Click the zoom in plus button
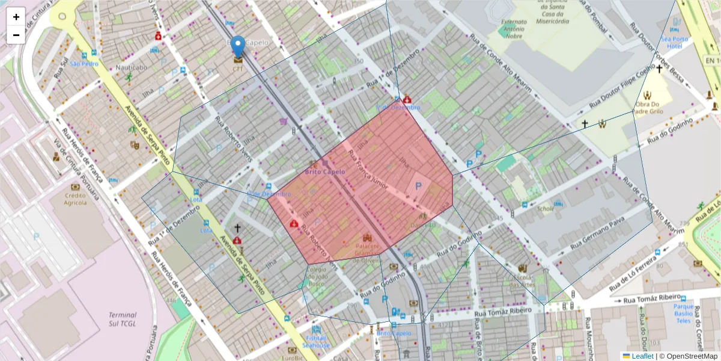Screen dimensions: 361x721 [16, 17]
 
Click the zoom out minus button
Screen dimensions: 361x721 [16, 35]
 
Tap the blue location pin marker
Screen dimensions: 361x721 [239, 46]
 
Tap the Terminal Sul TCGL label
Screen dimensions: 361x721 [123, 319]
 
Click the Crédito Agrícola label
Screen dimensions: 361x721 [76, 199]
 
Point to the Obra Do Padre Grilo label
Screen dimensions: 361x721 [648, 107]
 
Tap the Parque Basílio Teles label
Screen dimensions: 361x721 [684, 313]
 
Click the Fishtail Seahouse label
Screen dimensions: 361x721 [316, 342]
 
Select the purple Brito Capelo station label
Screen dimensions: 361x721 [325, 171]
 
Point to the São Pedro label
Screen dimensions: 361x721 [84, 63]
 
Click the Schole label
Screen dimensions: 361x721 [546, 209]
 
